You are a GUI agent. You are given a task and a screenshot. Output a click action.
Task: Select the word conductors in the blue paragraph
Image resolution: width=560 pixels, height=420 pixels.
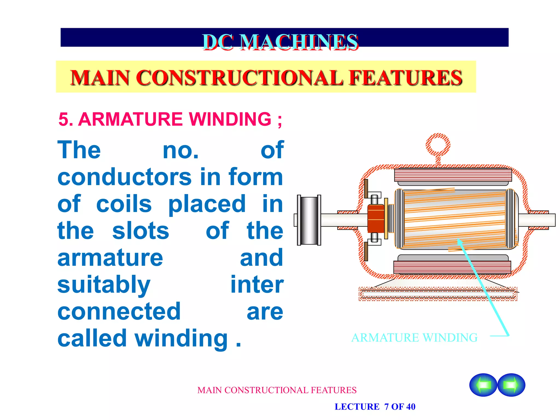[x=124, y=177]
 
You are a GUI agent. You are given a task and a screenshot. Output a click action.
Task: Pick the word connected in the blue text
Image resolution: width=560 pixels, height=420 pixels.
[x=119, y=311]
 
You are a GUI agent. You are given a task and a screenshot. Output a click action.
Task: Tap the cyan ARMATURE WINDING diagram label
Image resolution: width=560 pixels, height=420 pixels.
[x=414, y=338]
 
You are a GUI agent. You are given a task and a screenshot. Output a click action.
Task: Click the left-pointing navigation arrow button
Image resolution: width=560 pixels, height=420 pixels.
[x=483, y=385]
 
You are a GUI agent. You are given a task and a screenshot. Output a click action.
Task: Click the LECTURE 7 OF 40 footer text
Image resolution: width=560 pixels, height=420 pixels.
[x=375, y=407]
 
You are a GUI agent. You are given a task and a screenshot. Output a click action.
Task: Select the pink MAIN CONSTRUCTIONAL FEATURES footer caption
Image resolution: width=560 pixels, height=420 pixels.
[x=277, y=390]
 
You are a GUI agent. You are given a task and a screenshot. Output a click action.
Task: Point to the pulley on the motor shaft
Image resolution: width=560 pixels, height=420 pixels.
[x=309, y=220]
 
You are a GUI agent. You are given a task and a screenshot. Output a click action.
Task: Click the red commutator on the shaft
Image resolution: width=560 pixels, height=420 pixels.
[x=376, y=219]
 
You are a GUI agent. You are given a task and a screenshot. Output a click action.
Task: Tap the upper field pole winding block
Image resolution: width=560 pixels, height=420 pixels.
[x=453, y=175]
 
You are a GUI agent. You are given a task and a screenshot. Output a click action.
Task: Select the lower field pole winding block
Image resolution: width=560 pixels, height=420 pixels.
[x=452, y=267]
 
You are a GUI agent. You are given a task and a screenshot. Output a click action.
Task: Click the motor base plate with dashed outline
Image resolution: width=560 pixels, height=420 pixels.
[x=438, y=294]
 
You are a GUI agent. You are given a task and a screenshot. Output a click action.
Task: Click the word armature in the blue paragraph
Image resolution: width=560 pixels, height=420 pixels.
[x=110, y=258]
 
